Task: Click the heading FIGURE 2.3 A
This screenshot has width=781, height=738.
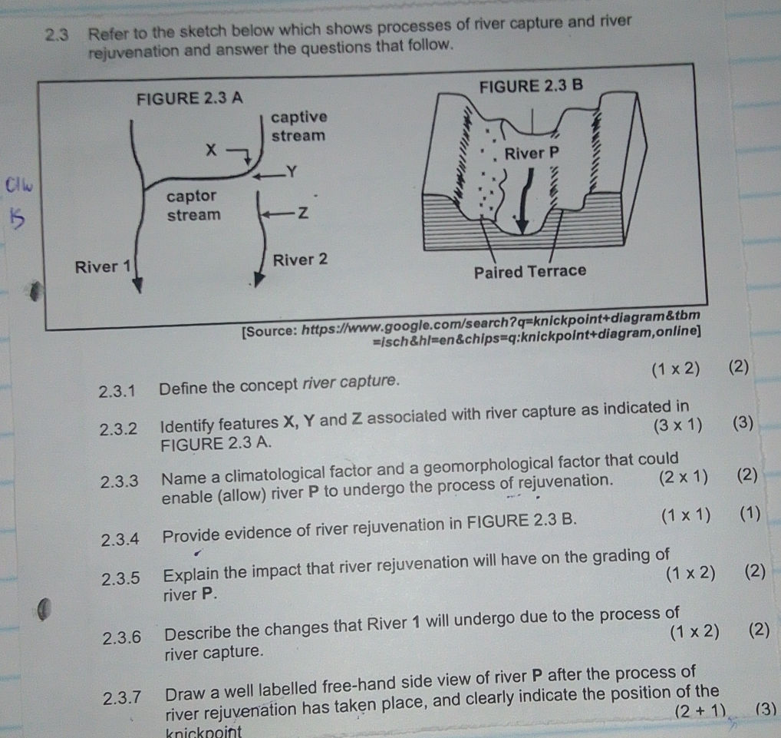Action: coord(189,99)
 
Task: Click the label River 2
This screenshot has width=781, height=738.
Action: coord(300,259)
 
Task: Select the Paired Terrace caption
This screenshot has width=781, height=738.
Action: coord(529,271)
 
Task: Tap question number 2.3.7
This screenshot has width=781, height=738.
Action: coord(123,697)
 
